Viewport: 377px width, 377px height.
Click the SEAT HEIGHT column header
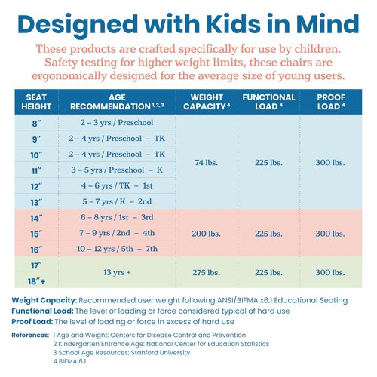point(36,102)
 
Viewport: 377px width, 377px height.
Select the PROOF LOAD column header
point(331,102)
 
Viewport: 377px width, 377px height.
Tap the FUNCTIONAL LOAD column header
point(268,102)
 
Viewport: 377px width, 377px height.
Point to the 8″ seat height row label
point(37,124)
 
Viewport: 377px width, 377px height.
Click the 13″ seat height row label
point(36,202)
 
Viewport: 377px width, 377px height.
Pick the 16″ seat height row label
point(36,250)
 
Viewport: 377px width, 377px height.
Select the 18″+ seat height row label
point(37,281)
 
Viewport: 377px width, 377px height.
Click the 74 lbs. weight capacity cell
point(206,163)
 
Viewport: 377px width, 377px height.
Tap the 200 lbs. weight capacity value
point(206,234)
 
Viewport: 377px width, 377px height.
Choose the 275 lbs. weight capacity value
point(206,272)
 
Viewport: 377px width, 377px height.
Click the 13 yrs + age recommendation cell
point(117,272)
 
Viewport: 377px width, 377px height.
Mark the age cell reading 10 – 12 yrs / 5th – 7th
point(117,249)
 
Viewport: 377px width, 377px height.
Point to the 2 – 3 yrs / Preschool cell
point(117,123)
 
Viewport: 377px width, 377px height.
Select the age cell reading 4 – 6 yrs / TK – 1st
point(117,185)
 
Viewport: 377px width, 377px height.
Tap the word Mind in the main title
point(328,24)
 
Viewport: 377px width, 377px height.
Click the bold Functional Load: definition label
point(42,311)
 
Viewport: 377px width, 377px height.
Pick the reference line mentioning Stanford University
point(121,353)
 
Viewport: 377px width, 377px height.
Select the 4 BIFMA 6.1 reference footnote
point(69,361)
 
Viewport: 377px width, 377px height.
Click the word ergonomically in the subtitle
point(69,75)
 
